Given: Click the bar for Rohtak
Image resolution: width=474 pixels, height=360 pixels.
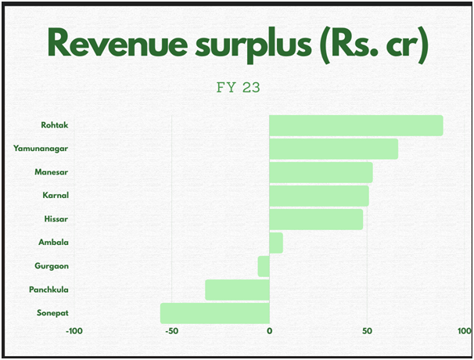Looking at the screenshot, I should pyautogui.click(x=356, y=125).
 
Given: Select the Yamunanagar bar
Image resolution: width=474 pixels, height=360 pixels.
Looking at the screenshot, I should pyautogui.click(x=333, y=149).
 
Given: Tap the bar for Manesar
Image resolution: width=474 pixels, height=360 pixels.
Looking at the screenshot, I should pyautogui.click(x=321, y=172).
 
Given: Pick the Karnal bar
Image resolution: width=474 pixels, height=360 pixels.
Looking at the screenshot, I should pyautogui.click(x=318, y=196).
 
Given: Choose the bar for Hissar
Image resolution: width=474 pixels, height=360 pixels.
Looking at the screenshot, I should pyautogui.click(x=316, y=219).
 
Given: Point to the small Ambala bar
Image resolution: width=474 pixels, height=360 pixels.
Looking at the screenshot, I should pyautogui.click(x=276, y=243).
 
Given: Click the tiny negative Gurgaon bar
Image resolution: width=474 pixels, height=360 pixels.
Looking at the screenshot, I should pyautogui.click(x=264, y=266).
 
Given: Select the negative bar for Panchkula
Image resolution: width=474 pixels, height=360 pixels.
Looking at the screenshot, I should pyautogui.click(x=237, y=290).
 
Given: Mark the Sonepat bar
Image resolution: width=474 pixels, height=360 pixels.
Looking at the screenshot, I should pyautogui.click(x=215, y=313).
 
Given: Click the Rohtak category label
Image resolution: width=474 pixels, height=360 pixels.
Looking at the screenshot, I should pyautogui.click(x=54, y=125).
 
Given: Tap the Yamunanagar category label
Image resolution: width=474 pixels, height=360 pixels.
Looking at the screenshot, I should pyautogui.click(x=41, y=149).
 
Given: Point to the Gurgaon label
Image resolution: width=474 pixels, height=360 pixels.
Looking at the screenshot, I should pyautogui.click(x=52, y=266).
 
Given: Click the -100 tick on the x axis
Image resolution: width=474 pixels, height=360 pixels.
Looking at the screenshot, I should pyautogui.click(x=74, y=331).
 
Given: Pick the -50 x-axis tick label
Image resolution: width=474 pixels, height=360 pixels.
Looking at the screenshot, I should pyautogui.click(x=171, y=331).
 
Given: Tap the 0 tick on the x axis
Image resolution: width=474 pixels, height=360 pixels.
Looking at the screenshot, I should pyautogui.click(x=269, y=331).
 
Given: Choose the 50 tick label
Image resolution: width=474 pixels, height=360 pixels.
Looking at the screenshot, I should pyautogui.click(x=367, y=331).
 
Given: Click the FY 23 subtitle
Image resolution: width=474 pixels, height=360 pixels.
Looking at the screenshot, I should pyautogui.click(x=238, y=88).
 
